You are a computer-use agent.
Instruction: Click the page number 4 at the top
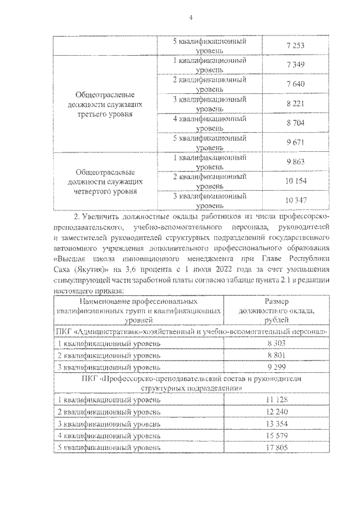tap(191, 17)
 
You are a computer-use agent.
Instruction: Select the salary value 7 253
tap(295, 46)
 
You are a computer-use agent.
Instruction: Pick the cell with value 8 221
tap(295, 104)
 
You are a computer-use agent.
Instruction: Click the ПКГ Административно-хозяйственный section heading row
tap(191, 331)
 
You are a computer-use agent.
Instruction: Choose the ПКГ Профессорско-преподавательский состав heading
tap(191, 383)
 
